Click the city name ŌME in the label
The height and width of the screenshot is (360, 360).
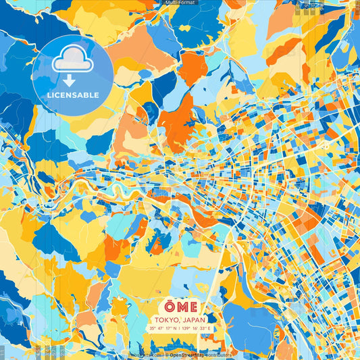coord(180,306)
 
